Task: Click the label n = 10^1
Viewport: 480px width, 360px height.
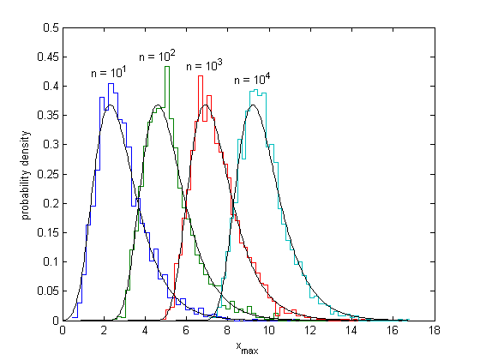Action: (109, 73)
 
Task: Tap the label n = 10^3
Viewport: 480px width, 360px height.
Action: (205, 65)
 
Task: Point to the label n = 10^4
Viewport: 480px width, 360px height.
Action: (253, 79)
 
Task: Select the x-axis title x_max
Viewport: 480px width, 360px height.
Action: (249, 347)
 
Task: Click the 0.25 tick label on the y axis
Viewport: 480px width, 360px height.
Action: (47, 174)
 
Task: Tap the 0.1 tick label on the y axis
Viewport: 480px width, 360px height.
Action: (50, 262)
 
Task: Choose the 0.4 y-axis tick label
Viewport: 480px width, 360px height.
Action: (50, 86)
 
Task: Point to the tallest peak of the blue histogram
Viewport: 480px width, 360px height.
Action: (111, 84)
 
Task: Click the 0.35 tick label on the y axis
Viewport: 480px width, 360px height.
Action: (47, 116)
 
